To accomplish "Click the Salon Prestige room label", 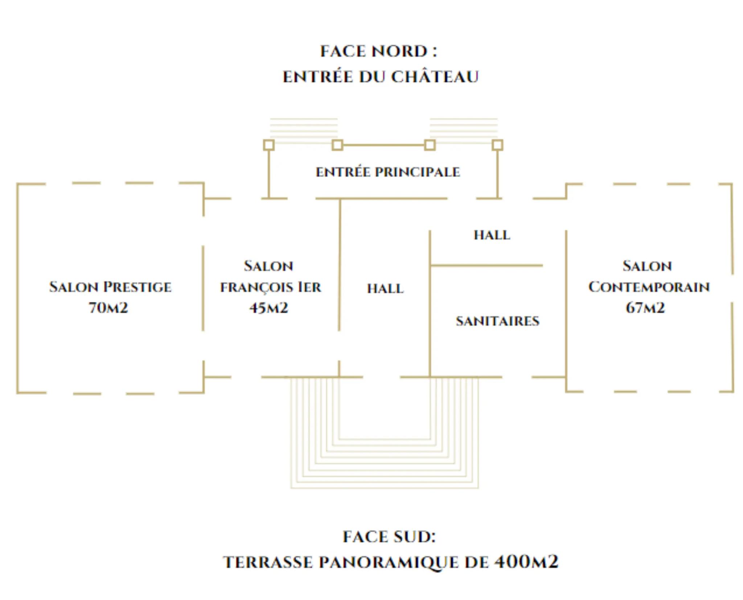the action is pos(110,287).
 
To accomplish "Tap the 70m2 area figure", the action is pos(108,308).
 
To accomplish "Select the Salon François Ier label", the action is pos(270,276).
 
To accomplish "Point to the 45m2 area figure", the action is pos(268,308).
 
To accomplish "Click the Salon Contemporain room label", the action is pos(649,276).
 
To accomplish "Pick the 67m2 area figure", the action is pos(645,308).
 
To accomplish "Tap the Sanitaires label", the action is pos(498,321).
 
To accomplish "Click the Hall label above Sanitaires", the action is pos(492,235).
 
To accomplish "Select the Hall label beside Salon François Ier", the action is pos(385,289).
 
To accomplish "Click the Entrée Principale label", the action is pos(388,172).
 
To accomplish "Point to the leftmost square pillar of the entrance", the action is pos(268,145).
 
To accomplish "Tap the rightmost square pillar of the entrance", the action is pos(497,145).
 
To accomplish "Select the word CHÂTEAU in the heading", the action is pos(435,76).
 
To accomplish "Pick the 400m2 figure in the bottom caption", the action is pos(526,562).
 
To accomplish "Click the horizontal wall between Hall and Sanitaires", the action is pos(486,265).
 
